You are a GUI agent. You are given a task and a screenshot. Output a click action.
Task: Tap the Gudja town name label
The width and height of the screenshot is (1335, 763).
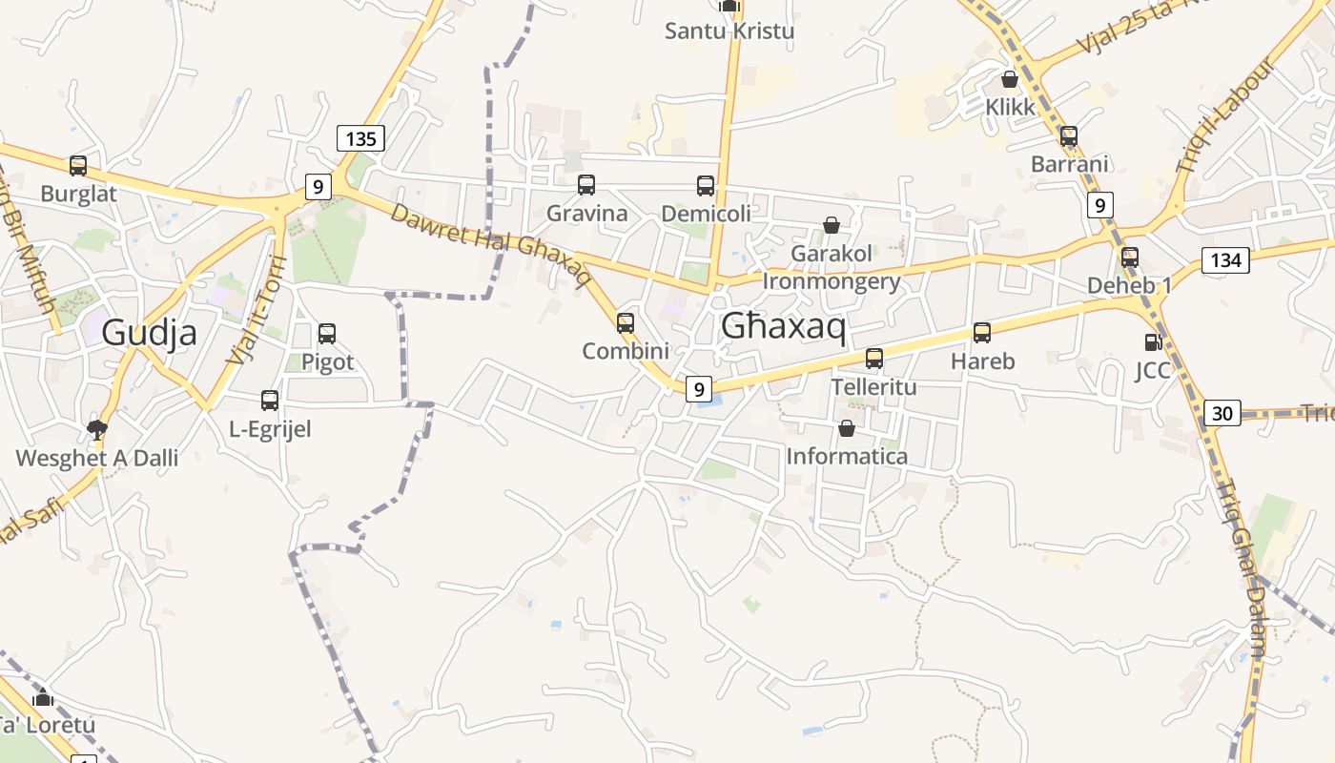click(149, 332)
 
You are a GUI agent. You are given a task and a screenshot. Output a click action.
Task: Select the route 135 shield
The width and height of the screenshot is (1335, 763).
click(360, 138)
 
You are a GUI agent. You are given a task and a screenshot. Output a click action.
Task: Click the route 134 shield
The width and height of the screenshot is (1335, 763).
click(1225, 259)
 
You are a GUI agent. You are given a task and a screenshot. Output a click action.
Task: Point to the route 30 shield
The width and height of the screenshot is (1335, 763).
click(1222, 413)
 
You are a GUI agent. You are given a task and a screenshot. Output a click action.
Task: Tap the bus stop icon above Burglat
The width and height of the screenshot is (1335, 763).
click(78, 166)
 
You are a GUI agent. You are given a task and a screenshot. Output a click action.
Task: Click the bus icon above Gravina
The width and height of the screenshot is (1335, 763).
click(586, 185)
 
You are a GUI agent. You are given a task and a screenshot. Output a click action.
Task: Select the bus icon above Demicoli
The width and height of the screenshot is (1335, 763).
click(706, 186)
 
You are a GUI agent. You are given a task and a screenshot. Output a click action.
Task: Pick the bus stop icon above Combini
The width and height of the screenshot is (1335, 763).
click(626, 323)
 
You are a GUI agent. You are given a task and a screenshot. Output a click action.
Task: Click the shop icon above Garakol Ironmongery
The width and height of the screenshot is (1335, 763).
click(832, 225)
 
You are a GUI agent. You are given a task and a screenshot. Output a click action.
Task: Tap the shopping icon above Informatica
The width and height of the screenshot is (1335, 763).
click(846, 428)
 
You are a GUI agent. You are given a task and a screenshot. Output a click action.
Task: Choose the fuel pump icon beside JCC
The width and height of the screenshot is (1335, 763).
click(1153, 341)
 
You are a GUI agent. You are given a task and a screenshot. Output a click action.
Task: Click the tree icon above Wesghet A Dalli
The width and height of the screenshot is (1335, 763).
click(96, 429)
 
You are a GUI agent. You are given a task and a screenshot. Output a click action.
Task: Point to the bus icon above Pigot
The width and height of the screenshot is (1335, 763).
click(327, 334)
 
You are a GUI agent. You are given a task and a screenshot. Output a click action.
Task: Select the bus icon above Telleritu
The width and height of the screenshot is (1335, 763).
click(873, 359)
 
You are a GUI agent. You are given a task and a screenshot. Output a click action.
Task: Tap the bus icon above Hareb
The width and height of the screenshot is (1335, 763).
click(982, 333)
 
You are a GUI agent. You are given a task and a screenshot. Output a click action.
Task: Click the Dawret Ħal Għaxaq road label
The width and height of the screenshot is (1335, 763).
click(490, 242)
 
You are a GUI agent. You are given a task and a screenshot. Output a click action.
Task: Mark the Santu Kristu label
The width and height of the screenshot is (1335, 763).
click(729, 31)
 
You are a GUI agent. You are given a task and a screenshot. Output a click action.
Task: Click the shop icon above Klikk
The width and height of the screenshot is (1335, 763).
click(1010, 79)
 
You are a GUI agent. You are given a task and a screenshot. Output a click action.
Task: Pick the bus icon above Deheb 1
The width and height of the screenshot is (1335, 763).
click(1130, 258)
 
